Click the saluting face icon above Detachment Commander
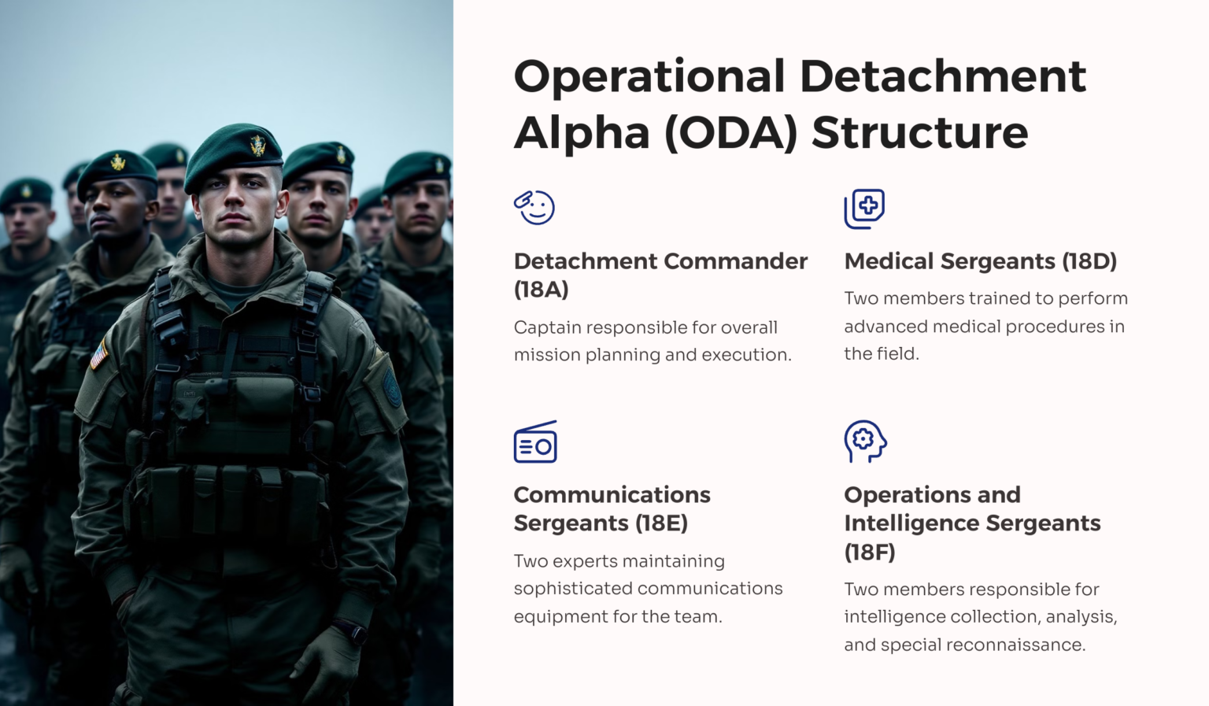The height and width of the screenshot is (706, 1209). click(x=534, y=207)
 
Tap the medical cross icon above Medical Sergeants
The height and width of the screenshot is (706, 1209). click(x=865, y=209)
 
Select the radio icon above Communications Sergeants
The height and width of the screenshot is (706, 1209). click(x=535, y=442)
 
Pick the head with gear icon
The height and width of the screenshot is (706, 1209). click(x=865, y=442)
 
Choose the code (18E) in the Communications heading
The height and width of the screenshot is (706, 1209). click(x=662, y=523)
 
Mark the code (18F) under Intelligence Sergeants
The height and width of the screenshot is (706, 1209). click(x=870, y=552)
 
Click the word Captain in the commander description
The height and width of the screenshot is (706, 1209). click(x=547, y=328)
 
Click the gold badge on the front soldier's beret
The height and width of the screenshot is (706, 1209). click(x=258, y=145)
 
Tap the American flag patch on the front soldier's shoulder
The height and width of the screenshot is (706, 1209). click(x=98, y=355)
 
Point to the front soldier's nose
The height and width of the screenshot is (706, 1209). click(x=234, y=201)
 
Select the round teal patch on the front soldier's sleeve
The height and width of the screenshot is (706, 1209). click(x=392, y=386)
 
